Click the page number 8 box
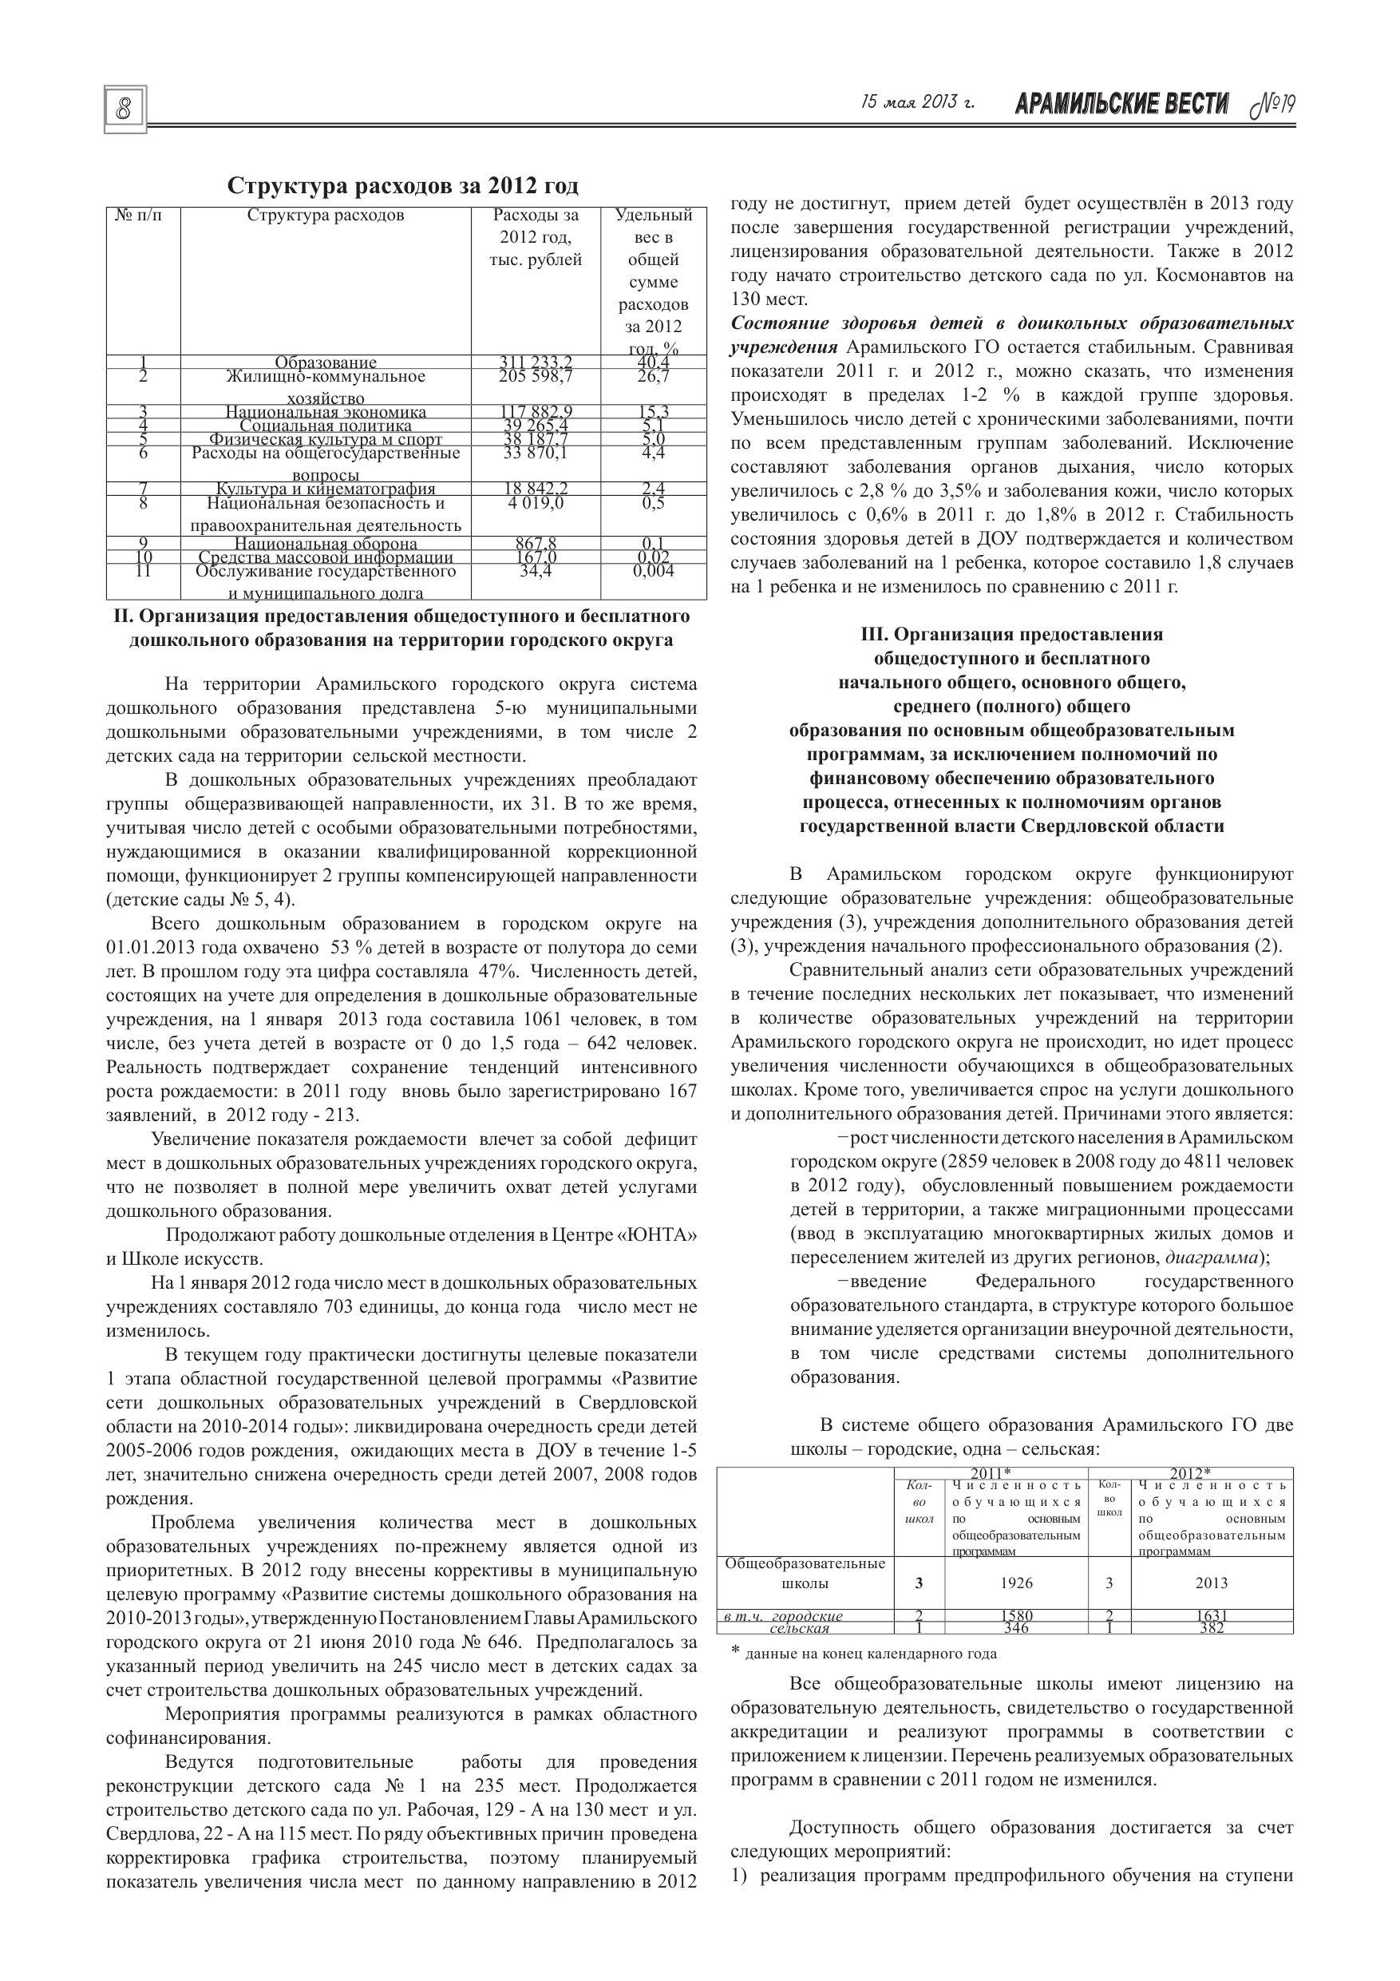pos(125,109)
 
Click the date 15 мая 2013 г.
pos(918,103)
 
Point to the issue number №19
pos(1273,105)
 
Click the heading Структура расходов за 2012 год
pos(403,186)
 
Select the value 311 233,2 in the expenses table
pos(536,363)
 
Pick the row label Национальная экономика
pos(326,413)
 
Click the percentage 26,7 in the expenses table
pos(653,376)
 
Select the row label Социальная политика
pos(326,426)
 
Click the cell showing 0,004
pos(653,570)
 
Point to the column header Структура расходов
pos(326,216)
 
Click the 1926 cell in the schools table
pos(1016,1583)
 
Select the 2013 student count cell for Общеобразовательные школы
pos(1212,1583)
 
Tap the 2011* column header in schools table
pos(991,1473)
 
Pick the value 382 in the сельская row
pos(1212,1628)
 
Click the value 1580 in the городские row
pos(1016,1616)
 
